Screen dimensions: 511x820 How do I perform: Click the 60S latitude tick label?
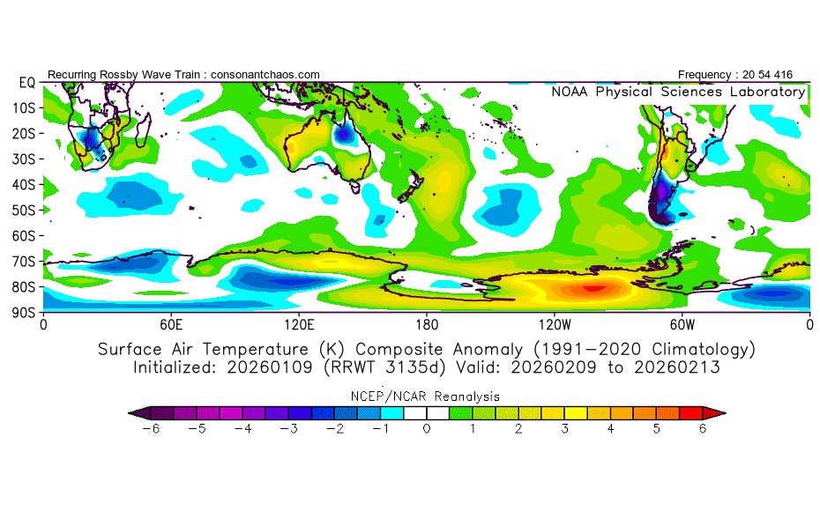[24, 235]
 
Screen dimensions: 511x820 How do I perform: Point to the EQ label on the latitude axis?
[26, 83]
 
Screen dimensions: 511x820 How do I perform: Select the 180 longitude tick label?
[427, 324]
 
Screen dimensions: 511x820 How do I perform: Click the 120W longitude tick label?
[554, 324]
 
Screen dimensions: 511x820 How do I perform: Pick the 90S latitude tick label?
[24, 312]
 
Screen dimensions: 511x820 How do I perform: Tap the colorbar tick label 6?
[703, 428]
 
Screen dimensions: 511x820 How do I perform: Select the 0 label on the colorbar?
[426, 428]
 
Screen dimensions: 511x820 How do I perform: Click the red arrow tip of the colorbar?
[720, 411]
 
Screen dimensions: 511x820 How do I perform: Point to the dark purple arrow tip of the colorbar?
[133, 411]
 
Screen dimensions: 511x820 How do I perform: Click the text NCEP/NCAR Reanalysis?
[427, 396]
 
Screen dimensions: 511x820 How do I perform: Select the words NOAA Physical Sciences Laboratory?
[678, 92]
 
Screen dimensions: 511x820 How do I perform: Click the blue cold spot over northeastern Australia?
[342, 135]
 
